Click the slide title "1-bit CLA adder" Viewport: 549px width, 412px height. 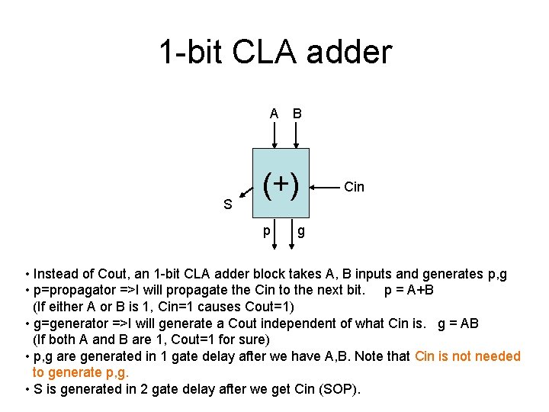(x=274, y=52)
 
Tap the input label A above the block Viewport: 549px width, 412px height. (x=274, y=114)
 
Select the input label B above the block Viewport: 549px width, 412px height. (x=297, y=114)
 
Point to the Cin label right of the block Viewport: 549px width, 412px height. (x=355, y=187)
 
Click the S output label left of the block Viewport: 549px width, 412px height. (x=227, y=204)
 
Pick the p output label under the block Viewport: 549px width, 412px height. (x=266, y=231)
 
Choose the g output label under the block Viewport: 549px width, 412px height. (x=301, y=231)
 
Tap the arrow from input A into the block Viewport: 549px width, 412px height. (x=274, y=135)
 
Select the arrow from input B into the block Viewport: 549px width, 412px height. (x=297, y=135)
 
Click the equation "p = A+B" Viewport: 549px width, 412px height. (x=410, y=291)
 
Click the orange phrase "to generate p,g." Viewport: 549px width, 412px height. (x=81, y=372)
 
